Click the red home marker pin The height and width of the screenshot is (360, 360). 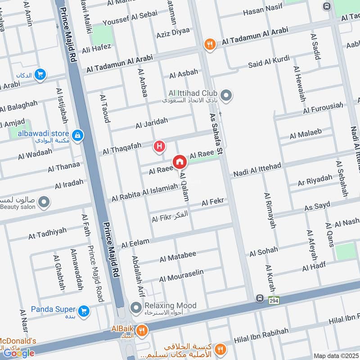pyautogui.click(x=179, y=162)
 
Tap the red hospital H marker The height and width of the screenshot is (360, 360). pyautogui.click(x=159, y=146)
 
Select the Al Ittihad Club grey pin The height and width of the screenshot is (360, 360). pyautogui.click(x=227, y=95)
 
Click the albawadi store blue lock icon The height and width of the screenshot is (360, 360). pyautogui.click(x=77, y=135)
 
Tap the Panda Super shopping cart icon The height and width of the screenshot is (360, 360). pyautogui.click(x=83, y=310)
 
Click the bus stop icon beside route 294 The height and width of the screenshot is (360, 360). pyautogui.click(x=260, y=298)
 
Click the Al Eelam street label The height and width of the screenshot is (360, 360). pyautogui.click(x=135, y=243)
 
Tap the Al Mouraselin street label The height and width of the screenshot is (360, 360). pyautogui.click(x=181, y=275)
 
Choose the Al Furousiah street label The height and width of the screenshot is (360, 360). pyautogui.click(x=323, y=108)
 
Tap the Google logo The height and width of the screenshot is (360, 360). pyautogui.click(x=19, y=353)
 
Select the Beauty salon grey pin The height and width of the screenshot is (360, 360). pyautogui.click(x=44, y=202)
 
